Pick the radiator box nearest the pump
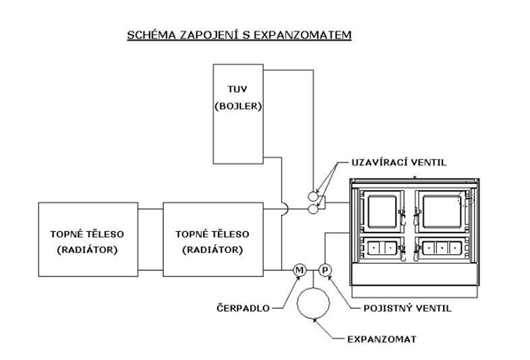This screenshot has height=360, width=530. click(x=212, y=241)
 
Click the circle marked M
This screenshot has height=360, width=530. click(x=299, y=270)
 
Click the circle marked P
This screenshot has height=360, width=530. click(x=324, y=270)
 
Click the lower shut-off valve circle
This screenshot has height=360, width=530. click(x=312, y=210)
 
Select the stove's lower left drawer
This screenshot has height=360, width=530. click(x=382, y=247)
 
